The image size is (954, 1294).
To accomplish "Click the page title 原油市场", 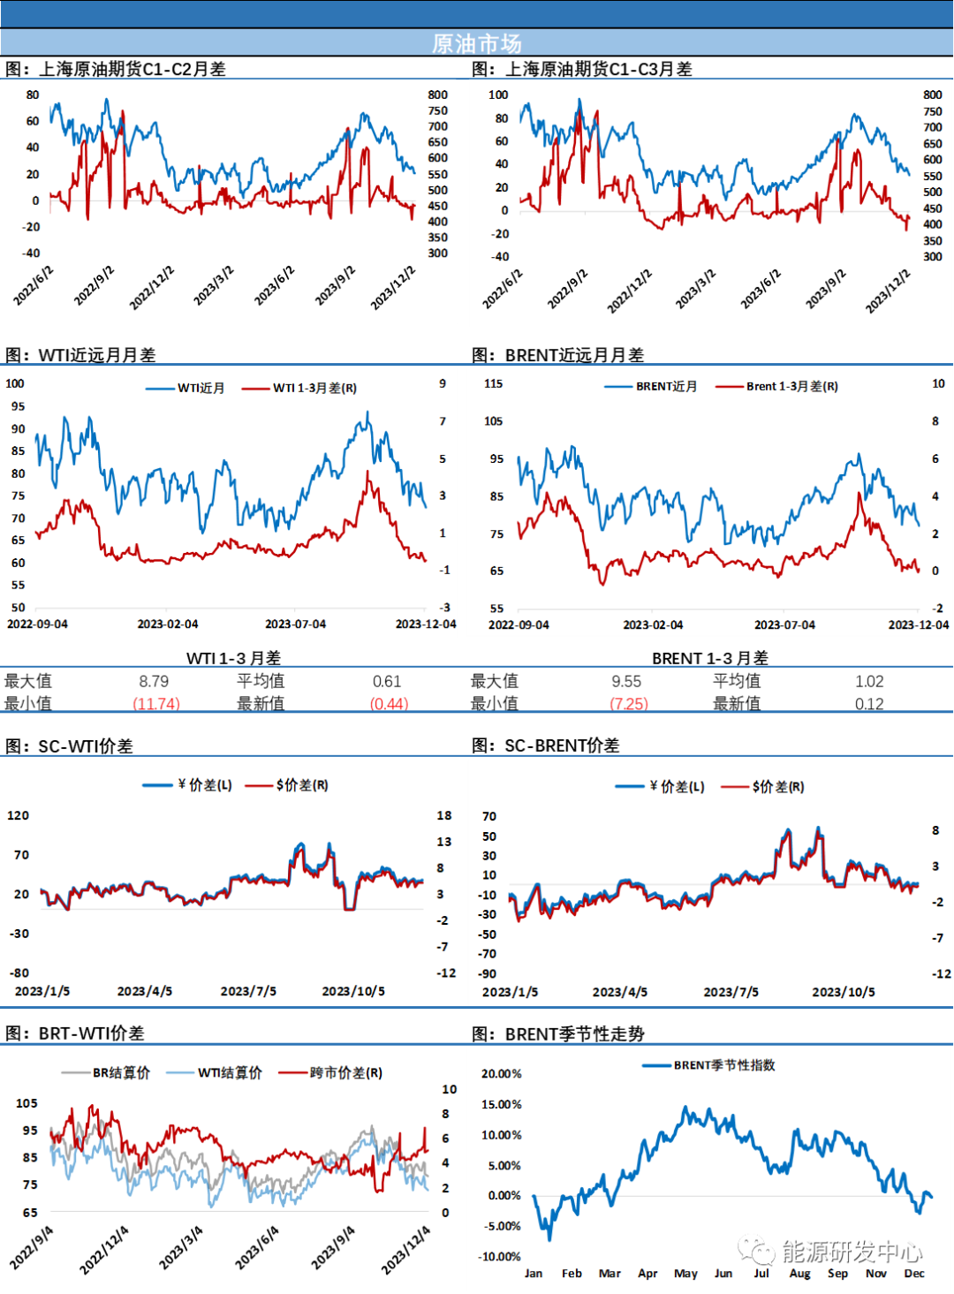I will point(477,43).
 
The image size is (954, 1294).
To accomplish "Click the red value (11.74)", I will point(156,703).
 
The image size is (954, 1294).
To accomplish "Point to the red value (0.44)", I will point(390,703).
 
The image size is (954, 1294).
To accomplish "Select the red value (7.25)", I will point(630,703).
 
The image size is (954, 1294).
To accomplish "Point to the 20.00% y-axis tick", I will point(501,1074).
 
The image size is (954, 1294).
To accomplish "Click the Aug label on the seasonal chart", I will point(799,1273).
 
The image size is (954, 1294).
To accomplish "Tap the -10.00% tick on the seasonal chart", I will point(499,1256).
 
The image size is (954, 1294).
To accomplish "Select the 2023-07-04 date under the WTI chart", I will point(295,624).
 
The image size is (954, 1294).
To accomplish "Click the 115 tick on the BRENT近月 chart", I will point(493,383).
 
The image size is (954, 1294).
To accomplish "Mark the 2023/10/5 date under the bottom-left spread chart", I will point(353,991).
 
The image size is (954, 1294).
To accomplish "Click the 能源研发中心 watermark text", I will point(852,1251).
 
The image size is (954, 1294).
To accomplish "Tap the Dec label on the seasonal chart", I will point(914,1273).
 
